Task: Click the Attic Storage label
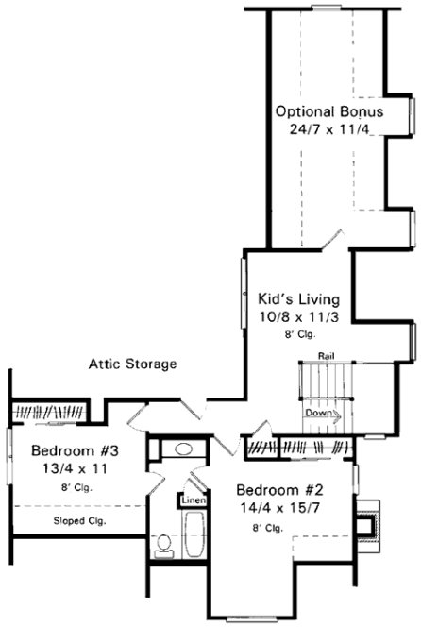[x=132, y=364]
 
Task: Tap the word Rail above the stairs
[x=327, y=356]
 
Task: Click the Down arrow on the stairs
[x=319, y=414]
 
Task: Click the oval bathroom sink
[x=183, y=449]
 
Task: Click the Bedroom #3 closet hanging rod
[x=52, y=412]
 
